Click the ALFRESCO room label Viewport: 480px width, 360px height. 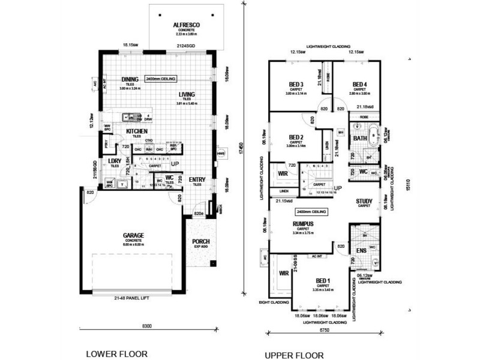(x=185, y=25)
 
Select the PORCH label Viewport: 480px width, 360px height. (x=200, y=242)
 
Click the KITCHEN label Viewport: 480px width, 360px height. (x=137, y=131)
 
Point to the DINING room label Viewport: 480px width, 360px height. (x=130, y=79)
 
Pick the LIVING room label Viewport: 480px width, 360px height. (x=187, y=94)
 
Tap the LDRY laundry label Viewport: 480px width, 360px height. (x=115, y=161)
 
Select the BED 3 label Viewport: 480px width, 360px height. (x=293, y=84)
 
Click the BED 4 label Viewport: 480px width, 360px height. (x=359, y=84)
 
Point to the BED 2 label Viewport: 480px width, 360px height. (x=296, y=137)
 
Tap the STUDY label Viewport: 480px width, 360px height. (x=364, y=201)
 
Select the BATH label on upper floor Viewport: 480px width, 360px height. (x=360, y=139)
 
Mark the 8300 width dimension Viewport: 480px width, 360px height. (x=147, y=326)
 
